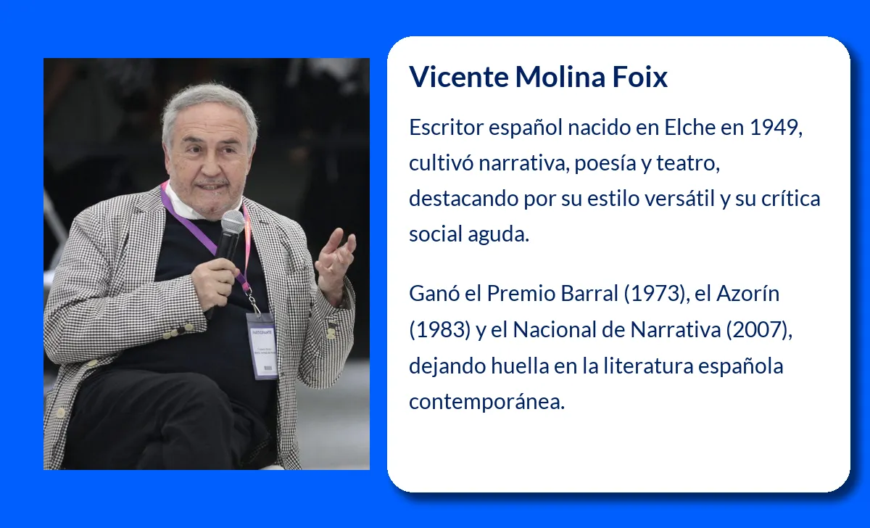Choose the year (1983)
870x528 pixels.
pos(439,329)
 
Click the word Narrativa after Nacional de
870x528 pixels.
pos(676,329)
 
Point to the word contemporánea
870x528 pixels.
pos(486,400)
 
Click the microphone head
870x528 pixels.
pos(233,223)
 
